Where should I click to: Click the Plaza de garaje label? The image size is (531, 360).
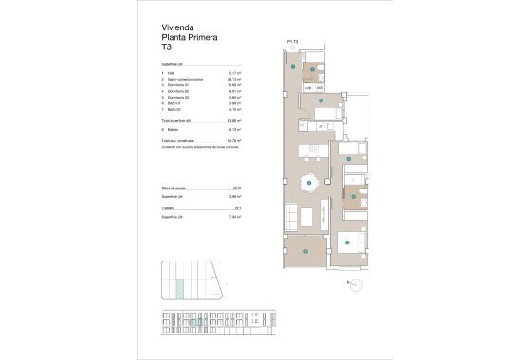pyautogui.click(x=176, y=189)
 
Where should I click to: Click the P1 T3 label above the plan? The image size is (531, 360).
pyautogui.click(x=292, y=42)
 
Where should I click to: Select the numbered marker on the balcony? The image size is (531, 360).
pyautogui.click(x=306, y=248)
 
